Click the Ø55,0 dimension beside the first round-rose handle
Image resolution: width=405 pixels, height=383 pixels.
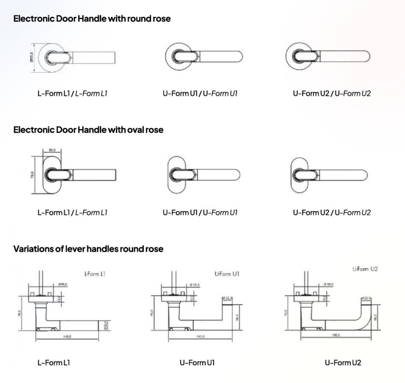click(31, 57)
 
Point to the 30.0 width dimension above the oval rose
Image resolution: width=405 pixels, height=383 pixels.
click(52, 150)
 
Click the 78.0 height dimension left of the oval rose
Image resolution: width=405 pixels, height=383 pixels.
click(32, 174)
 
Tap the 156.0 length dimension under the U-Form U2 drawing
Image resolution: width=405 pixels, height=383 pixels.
click(336, 335)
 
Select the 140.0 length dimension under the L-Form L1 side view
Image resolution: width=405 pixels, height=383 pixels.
click(67, 336)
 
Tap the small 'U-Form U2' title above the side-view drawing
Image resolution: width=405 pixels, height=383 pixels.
click(365, 269)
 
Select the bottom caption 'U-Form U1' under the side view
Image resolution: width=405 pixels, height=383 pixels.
click(197, 362)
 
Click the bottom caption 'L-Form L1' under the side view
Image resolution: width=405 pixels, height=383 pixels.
click(54, 362)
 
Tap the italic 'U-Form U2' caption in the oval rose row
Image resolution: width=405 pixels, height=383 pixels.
click(352, 212)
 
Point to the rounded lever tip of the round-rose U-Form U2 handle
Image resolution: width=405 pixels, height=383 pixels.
click(367, 57)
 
